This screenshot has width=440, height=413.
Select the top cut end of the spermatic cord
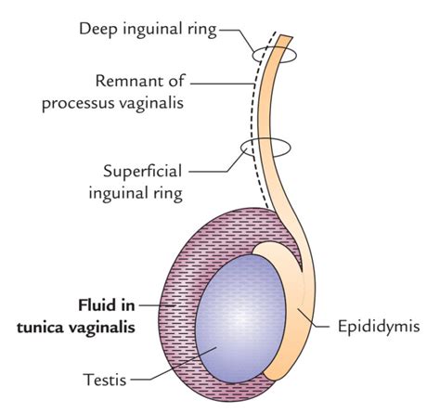click(287, 40)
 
